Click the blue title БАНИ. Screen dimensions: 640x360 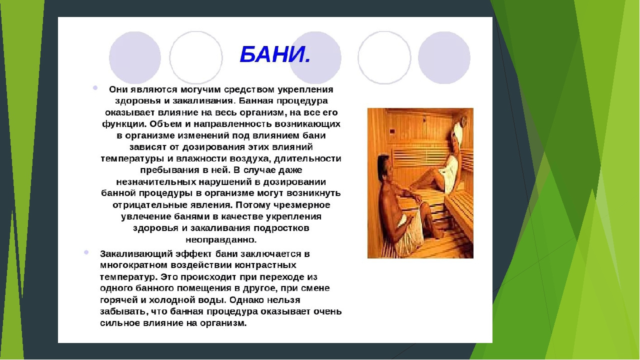(x=275, y=54)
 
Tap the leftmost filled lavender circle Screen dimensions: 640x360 (x=135, y=57)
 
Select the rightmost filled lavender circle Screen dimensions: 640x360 (x=444, y=57)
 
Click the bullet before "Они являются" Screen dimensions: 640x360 (x=95, y=87)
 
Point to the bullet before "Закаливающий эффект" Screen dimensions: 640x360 (x=86, y=252)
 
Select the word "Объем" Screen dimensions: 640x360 (x=165, y=124)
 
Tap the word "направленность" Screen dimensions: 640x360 (x=233, y=124)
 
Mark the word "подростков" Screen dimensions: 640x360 (x=281, y=228)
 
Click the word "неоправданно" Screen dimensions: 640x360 (x=221, y=239)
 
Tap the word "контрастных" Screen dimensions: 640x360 (x=265, y=265)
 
